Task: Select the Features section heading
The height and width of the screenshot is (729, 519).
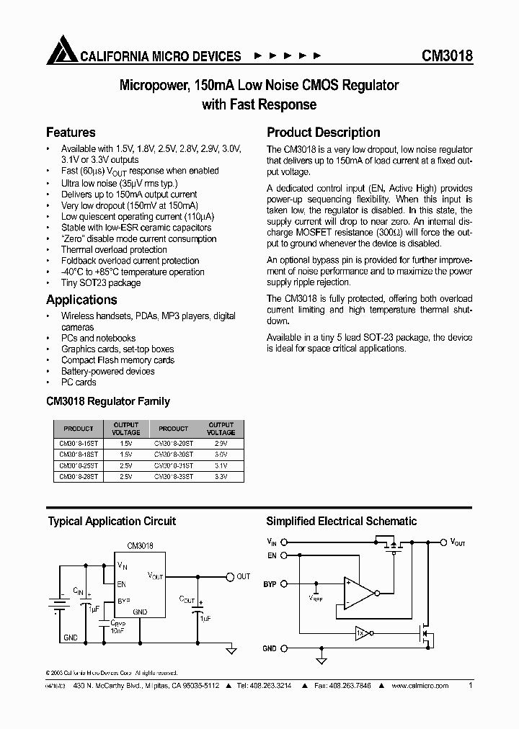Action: (x=71, y=133)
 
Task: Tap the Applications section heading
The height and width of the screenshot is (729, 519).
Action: (x=81, y=300)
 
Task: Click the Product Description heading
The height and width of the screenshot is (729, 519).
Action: (x=324, y=133)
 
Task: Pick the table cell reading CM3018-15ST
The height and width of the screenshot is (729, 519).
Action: (x=79, y=444)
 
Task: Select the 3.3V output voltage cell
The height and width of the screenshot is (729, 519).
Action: (x=221, y=477)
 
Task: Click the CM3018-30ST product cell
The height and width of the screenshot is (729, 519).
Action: (x=174, y=455)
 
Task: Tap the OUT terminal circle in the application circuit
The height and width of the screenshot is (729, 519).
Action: (x=230, y=576)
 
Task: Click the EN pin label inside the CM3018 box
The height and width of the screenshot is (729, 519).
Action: (x=121, y=585)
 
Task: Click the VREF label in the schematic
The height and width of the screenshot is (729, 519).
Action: (x=316, y=598)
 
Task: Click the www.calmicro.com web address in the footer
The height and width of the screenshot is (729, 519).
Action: (x=420, y=686)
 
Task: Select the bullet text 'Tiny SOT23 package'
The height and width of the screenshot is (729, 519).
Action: (x=101, y=283)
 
